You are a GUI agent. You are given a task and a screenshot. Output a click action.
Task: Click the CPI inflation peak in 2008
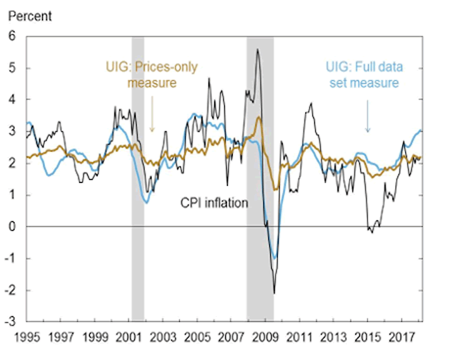(257, 49)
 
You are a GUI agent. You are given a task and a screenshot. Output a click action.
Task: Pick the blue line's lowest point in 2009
(274, 257)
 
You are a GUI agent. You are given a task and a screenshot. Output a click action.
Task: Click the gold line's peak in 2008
(260, 117)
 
